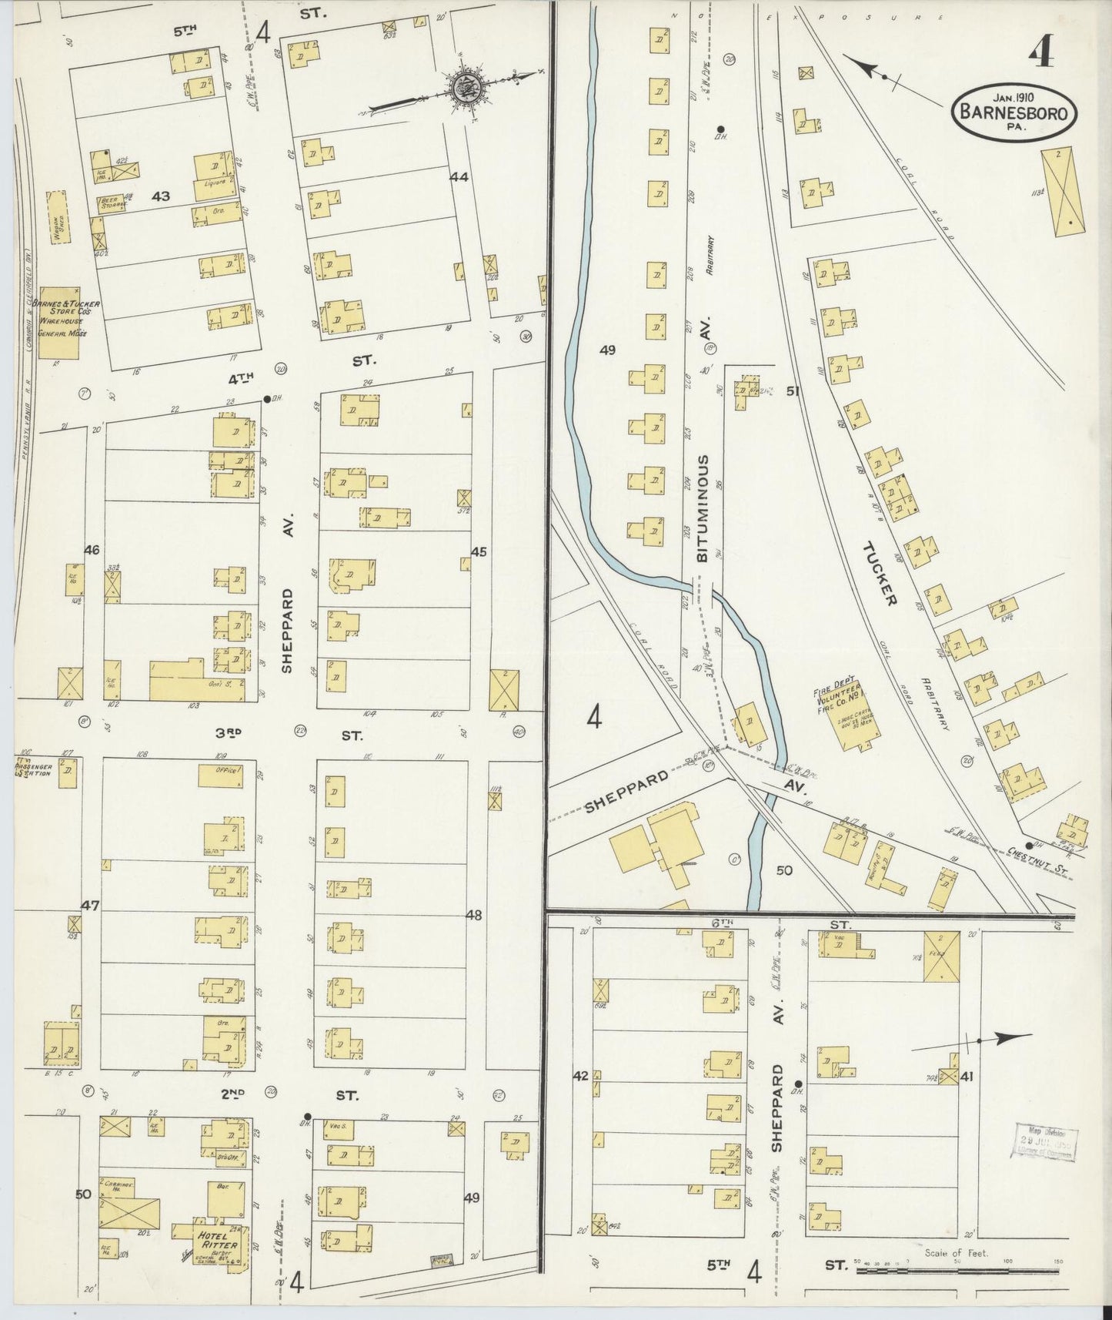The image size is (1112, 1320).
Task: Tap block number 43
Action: pyautogui.click(x=160, y=197)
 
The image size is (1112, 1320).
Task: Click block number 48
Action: pyautogui.click(x=474, y=915)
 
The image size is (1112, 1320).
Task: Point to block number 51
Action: pyautogui.click(x=793, y=391)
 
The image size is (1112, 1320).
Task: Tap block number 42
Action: pyautogui.click(x=579, y=1075)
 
